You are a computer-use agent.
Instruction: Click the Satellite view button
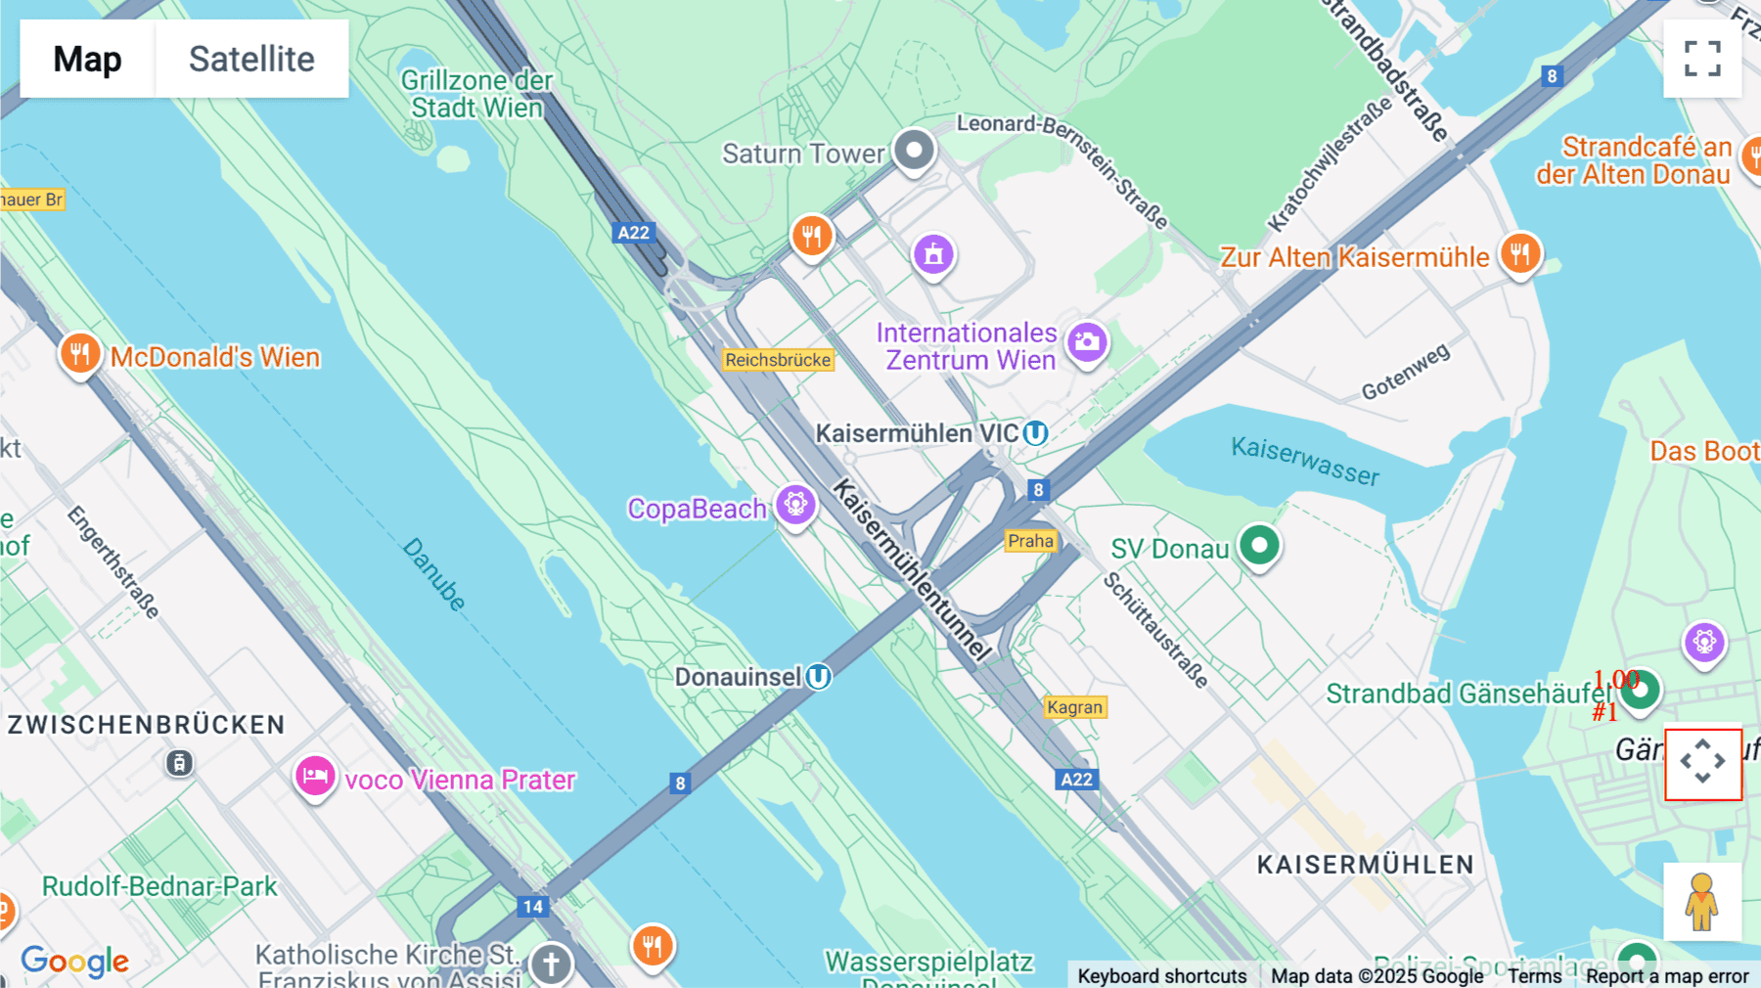pyautogui.click(x=251, y=59)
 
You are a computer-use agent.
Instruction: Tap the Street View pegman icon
pyautogui.click(x=1702, y=902)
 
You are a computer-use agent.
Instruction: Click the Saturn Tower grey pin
pyautogui.click(x=915, y=151)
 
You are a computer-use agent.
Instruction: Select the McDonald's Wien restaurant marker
pyautogui.click(x=80, y=353)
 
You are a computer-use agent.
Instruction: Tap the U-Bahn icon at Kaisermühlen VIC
pyautogui.click(x=1035, y=432)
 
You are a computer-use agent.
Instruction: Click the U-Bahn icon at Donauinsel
pyautogui.click(x=819, y=676)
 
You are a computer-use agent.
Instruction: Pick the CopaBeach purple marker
pyautogui.click(x=796, y=505)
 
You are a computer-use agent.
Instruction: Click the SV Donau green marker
pyautogui.click(x=1259, y=545)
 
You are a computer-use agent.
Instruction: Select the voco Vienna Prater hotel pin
pyautogui.click(x=315, y=777)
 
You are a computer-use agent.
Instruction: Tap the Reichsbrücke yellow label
pyautogui.click(x=778, y=360)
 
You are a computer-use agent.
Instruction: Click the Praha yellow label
pyautogui.click(x=1031, y=541)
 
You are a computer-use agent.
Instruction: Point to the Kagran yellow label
pyautogui.click(x=1074, y=707)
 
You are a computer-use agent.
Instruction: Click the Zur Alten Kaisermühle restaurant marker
pyautogui.click(x=1519, y=253)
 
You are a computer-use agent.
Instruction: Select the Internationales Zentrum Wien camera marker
pyautogui.click(x=1087, y=342)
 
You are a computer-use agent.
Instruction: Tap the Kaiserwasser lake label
pyautogui.click(x=1305, y=461)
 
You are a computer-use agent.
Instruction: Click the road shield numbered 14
pyautogui.click(x=532, y=906)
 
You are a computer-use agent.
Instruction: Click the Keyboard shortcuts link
pyautogui.click(x=1161, y=975)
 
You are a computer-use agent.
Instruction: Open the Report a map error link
pyautogui.click(x=1667, y=975)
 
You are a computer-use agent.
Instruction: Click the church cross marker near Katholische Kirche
pyautogui.click(x=551, y=964)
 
